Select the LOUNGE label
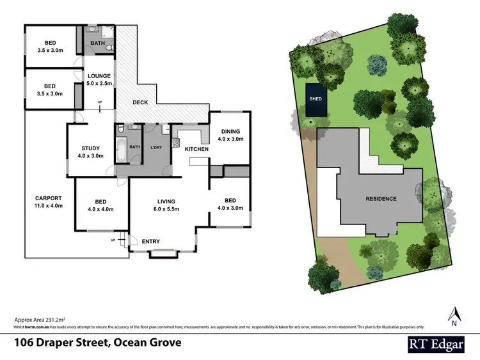click(x=99, y=75)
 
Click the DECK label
click(x=141, y=103)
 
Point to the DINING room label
click(x=230, y=131)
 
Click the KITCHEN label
click(x=196, y=149)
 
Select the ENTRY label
click(x=150, y=241)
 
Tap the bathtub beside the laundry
click(x=121, y=149)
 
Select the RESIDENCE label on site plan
click(x=381, y=199)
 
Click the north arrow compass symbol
click(x=454, y=314)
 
